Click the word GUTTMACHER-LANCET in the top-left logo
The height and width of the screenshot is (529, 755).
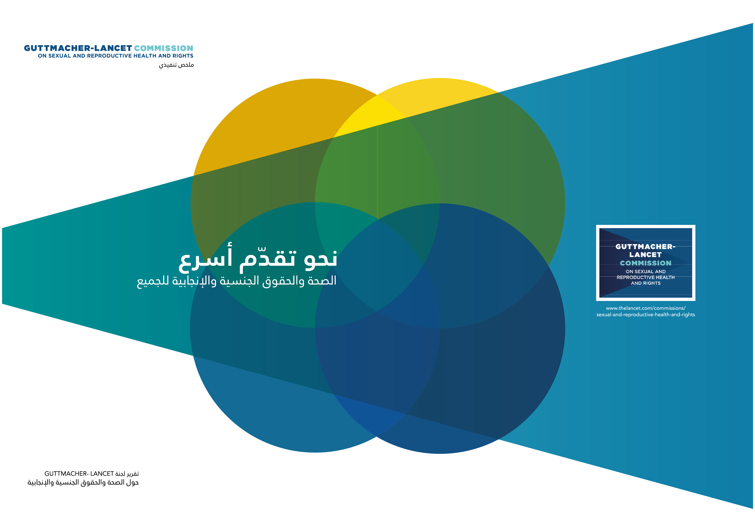78,48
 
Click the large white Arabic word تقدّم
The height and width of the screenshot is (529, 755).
268,260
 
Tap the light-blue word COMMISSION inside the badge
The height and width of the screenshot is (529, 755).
645,263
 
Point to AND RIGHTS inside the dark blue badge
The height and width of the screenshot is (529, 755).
645,283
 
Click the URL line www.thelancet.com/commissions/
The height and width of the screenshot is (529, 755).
645,308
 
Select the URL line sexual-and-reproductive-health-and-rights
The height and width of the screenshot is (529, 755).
645,315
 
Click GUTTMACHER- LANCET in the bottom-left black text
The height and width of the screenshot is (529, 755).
79,474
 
